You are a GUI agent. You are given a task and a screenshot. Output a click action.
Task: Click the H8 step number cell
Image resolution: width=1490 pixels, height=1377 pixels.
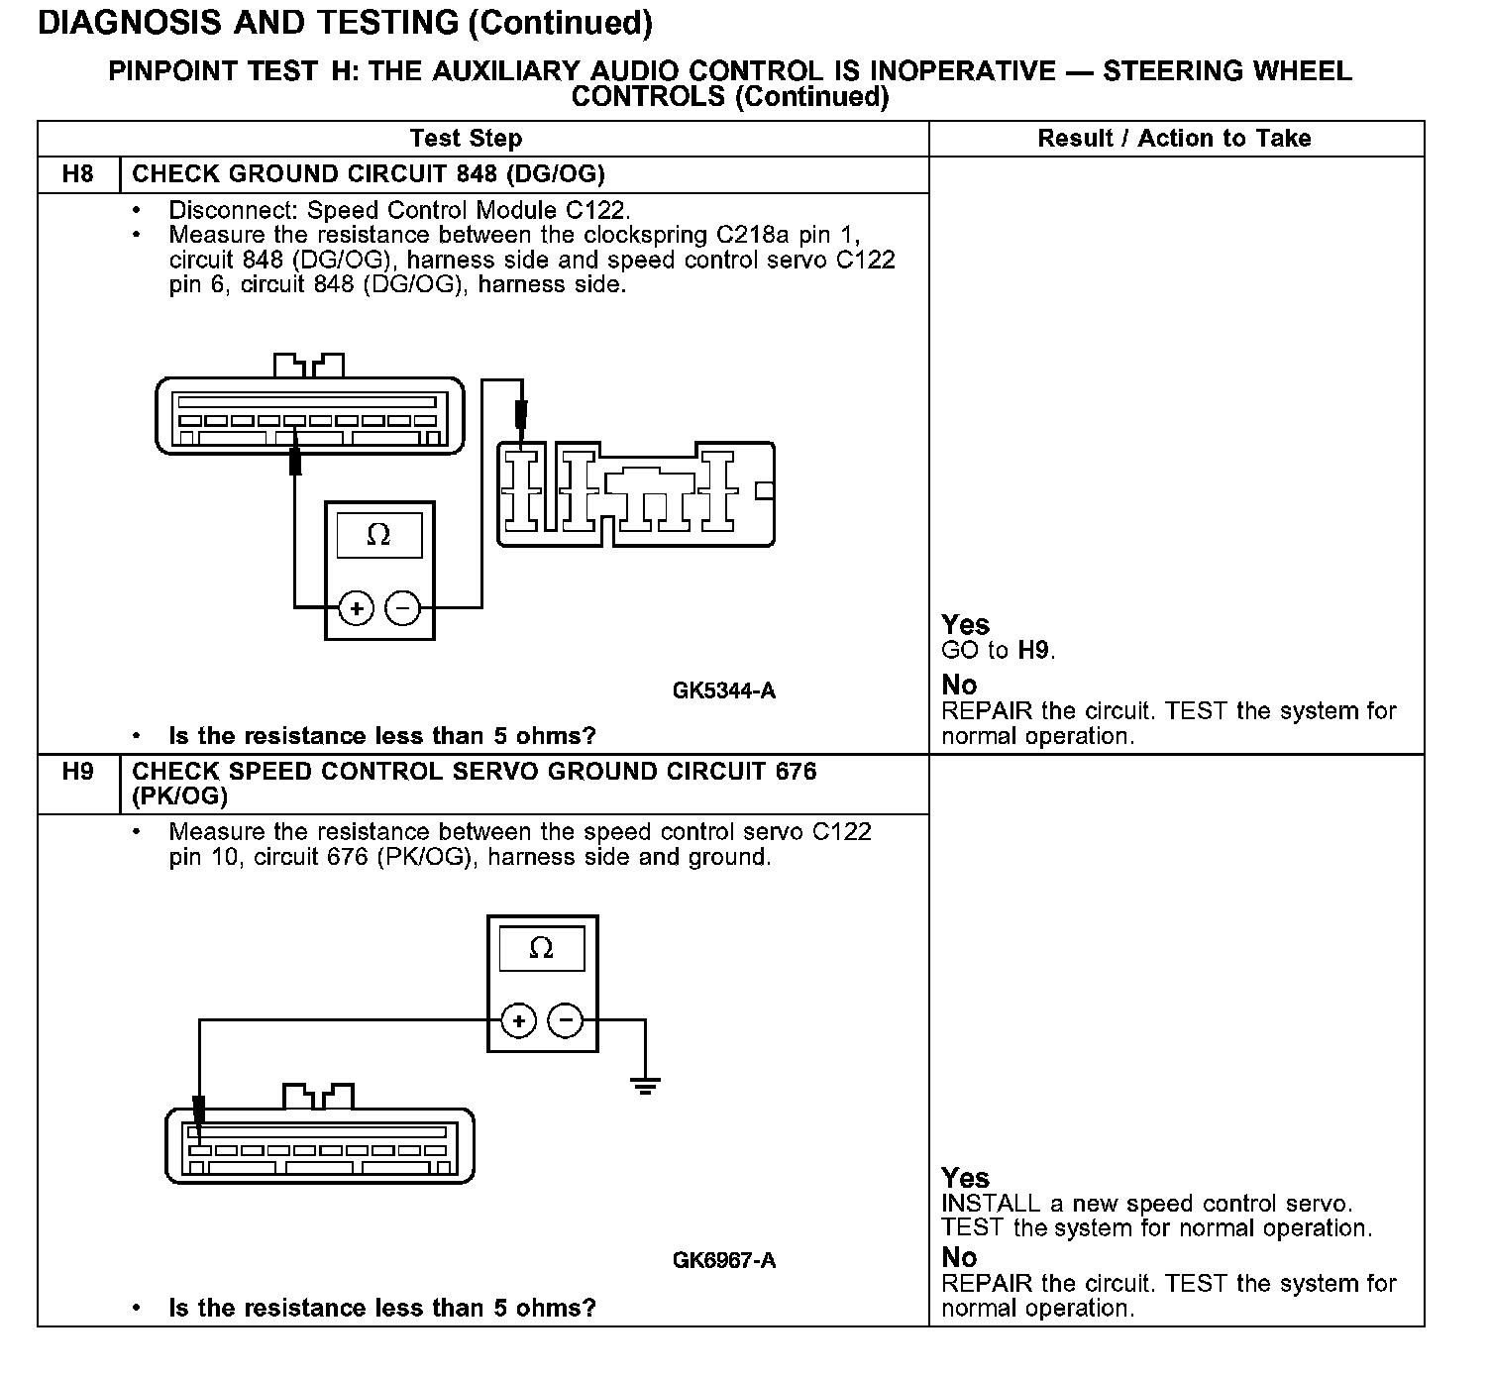[x=77, y=174]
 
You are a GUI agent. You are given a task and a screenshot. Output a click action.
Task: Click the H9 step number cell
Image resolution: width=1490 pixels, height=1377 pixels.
[x=77, y=772]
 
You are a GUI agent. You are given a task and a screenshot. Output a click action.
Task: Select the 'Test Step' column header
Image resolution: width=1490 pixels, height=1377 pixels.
[x=466, y=139]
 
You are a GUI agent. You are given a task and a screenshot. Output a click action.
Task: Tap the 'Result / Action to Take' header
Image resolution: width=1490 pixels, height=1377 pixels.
[x=1174, y=139]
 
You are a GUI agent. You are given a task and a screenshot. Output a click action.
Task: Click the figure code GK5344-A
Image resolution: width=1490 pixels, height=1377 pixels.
[x=723, y=690]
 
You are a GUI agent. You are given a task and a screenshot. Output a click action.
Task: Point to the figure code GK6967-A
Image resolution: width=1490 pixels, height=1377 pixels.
[x=723, y=1260]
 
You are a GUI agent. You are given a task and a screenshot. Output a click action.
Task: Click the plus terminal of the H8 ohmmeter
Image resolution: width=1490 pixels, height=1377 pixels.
[x=357, y=607]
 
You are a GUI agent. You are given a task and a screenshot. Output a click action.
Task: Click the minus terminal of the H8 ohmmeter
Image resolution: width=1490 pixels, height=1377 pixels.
[x=402, y=607]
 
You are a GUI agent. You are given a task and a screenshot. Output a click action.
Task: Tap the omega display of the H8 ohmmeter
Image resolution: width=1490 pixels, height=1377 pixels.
[x=378, y=536]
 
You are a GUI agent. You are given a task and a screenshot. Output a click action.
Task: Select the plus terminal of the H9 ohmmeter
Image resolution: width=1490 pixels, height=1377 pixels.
[x=519, y=1020]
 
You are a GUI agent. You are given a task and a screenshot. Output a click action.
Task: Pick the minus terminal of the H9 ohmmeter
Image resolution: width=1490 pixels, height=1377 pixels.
[x=566, y=1020]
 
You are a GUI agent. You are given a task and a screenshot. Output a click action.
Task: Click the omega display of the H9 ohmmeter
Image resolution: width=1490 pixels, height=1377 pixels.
[x=541, y=949]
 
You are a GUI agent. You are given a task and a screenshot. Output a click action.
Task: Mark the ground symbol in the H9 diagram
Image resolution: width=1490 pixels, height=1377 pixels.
[x=645, y=1086]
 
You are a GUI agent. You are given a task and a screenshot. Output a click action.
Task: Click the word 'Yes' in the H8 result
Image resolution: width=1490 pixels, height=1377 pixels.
[x=965, y=625]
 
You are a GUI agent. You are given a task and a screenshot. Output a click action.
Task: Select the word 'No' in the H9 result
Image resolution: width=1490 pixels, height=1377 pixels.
[x=959, y=1257]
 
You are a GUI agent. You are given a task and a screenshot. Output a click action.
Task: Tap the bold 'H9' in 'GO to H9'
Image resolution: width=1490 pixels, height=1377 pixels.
[x=1034, y=651]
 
